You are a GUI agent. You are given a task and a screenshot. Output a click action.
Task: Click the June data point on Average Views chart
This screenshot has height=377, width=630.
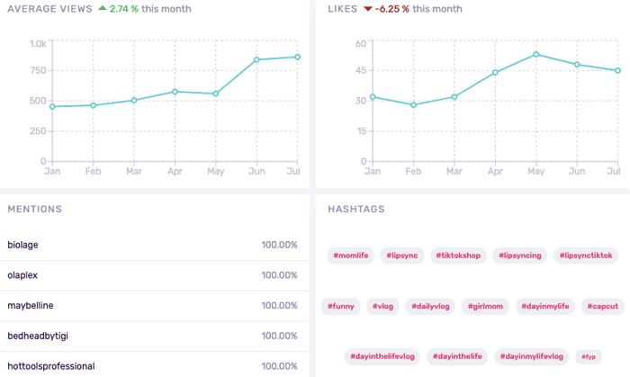point(256,59)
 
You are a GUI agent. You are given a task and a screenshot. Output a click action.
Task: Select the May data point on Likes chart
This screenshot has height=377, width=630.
point(535,54)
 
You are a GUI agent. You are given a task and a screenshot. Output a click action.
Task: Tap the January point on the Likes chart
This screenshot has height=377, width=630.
point(373,96)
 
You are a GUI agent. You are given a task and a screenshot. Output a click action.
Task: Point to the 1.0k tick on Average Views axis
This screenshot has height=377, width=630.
point(38,43)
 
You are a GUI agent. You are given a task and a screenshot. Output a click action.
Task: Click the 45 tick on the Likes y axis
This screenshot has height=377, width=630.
point(360,72)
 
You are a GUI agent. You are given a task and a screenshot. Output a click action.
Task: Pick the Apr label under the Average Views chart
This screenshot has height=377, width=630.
point(175,170)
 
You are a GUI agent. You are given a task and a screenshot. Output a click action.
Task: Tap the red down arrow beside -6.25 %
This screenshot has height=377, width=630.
point(368,9)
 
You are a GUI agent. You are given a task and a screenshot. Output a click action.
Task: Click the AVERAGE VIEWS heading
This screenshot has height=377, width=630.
point(49,9)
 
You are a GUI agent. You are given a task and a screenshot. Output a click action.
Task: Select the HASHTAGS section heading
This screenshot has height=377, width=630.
point(356,209)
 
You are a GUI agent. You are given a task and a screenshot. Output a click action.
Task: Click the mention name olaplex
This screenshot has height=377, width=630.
point(23,275)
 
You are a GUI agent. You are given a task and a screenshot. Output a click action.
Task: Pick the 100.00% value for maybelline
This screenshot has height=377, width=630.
point(279,306)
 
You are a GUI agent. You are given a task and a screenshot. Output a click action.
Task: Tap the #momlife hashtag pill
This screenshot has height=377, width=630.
point(350,256)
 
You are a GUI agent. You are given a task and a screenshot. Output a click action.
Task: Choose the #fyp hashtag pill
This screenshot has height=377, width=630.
point(589,357)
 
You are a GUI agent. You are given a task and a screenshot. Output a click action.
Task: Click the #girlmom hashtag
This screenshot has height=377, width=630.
point(487,307)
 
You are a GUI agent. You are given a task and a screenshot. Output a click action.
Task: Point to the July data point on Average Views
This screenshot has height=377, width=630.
point(296,57)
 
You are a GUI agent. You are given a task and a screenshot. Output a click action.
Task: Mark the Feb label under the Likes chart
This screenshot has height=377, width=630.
point(413,170)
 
